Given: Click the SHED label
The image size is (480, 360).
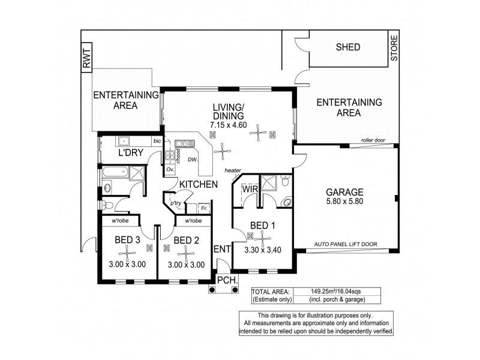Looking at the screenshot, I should pos(349,47).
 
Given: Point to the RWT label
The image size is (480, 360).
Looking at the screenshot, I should pos(86,58).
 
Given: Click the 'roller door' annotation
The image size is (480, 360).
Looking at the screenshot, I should pos(373,141).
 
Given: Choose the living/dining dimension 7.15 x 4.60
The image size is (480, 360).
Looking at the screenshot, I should pos(229,125).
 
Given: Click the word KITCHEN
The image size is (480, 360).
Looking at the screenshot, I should pos(198,184).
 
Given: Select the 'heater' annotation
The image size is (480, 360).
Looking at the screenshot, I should pos(233,170).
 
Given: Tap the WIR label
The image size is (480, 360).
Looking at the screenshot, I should pos(249,190).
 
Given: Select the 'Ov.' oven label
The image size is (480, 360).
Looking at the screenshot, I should pos(170,169).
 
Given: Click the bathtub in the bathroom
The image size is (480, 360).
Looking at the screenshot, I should pos(115,174).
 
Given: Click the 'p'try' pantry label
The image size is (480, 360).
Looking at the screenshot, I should pos(175,203).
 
